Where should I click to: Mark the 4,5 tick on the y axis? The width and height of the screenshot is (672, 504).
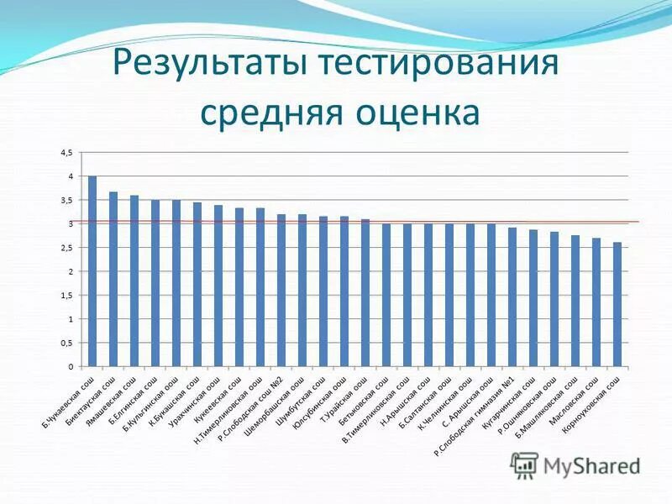coord(66,152)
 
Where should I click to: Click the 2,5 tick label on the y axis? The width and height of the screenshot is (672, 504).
coord(66,248)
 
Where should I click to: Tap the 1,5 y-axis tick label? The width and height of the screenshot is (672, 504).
coord(66,296)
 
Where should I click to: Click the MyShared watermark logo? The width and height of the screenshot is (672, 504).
coord(575,465)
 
